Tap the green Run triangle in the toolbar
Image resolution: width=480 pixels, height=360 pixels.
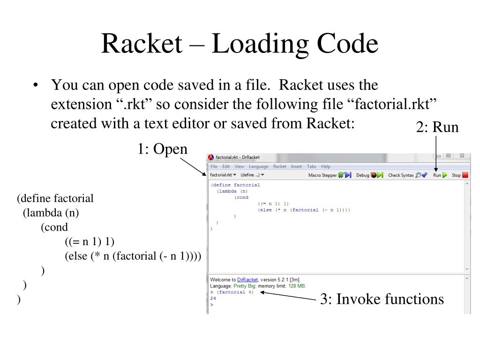(444, 175)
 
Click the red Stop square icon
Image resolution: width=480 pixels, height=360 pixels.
(465, 175)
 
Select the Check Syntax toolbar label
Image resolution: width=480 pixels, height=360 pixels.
(401, 175)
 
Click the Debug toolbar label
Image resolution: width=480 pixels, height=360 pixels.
(362, 175)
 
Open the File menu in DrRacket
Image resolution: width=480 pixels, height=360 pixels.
(214, 166)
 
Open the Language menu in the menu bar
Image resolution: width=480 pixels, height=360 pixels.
(259, 166)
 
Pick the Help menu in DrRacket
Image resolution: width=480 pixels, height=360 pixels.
(326, 166)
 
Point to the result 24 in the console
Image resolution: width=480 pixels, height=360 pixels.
(213, 298)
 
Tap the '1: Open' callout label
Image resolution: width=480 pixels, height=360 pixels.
(162, 149)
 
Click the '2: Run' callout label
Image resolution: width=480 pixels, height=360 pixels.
(437, 127)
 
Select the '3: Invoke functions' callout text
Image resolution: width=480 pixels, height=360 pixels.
(382, 299)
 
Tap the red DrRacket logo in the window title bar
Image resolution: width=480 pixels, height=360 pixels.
(211, 157)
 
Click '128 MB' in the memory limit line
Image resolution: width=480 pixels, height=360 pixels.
(298, 286)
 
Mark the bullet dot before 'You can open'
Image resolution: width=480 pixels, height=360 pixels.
(35, 86)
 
